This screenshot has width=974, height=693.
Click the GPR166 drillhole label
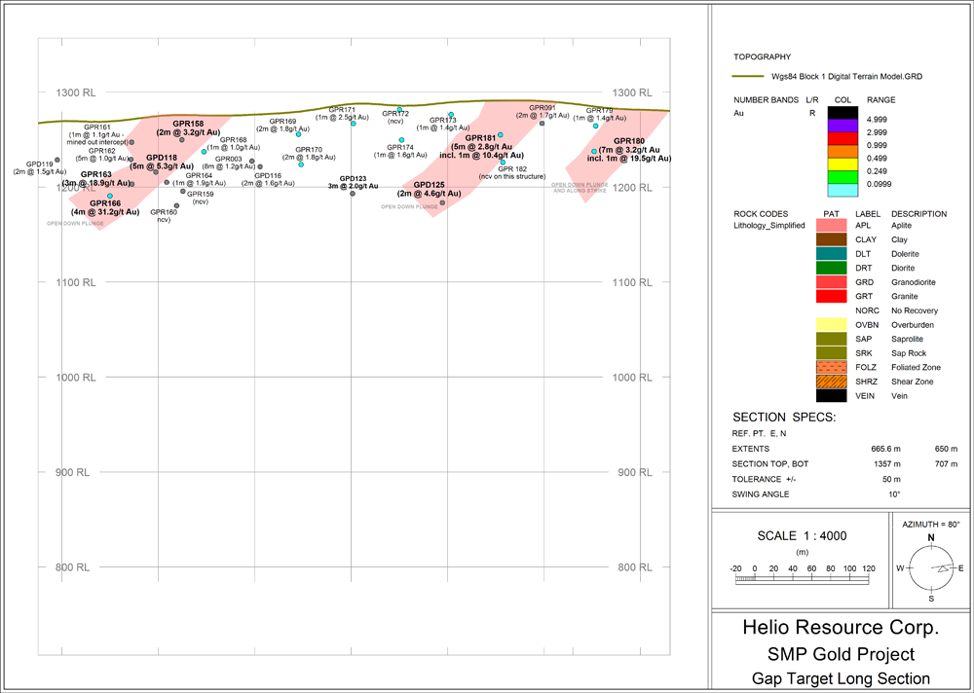(105, 203)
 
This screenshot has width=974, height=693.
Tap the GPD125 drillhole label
(429, 185)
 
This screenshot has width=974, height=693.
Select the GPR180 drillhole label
(629, 142)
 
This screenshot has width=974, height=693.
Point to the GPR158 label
(188, 124)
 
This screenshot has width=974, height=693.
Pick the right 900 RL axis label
(630, 472)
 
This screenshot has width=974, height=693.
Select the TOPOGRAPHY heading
(762, 57)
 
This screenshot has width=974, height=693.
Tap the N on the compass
(930, 537)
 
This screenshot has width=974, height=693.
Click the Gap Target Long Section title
(841, 678)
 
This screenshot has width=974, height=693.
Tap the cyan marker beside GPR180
(593, 151)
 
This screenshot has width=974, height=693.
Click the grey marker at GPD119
(57, 160)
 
